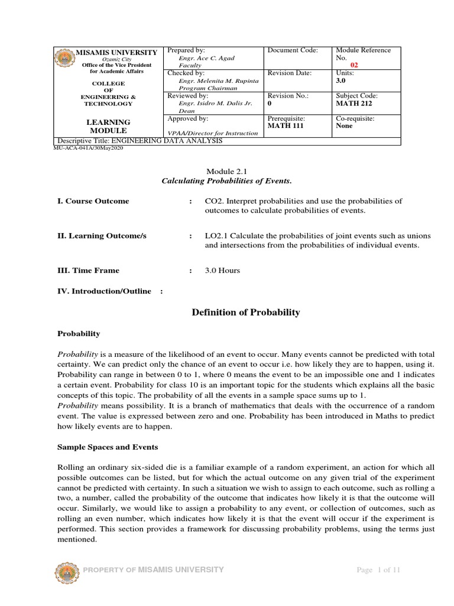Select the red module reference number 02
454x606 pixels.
[x=355, y=65]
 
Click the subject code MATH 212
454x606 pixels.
[x=353, y=103]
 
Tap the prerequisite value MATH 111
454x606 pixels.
[x=285, y=125]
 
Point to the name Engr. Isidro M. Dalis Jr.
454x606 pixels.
[x=215, y=103]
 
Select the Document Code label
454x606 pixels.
[x=293, y=50]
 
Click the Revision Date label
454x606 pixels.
[x=290, y=73]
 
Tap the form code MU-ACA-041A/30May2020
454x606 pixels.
[x=88, y=149]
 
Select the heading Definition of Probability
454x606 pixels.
[x=246, y=312]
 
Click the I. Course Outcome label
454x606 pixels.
[x=93, y=201]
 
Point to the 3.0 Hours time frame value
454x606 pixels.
[x=222, y=270]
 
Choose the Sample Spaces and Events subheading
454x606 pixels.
[x=103, y=447]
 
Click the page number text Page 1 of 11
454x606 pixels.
[x=378, y=570]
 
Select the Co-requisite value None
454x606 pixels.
[x=344, y=125]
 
